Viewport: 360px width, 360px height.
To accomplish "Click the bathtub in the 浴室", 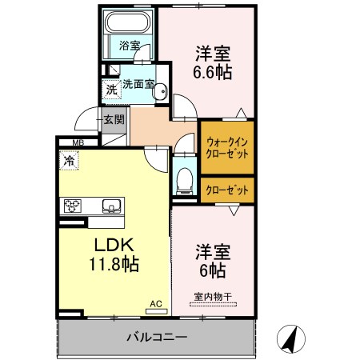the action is pos(127,22).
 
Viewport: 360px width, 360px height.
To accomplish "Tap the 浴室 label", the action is pos(130,46).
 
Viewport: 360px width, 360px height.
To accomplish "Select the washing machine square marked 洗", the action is pos(112,90).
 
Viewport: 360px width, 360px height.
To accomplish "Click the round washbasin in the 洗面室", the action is pos(161,90).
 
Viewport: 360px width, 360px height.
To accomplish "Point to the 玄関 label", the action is pos(114,119).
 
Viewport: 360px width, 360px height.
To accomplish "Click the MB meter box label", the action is pos(78,143).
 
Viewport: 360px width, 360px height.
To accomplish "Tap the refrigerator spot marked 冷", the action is pos(69,160).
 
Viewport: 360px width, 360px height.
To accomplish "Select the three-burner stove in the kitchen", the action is pos(73,206).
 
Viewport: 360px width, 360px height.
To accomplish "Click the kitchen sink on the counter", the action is pos(112,206).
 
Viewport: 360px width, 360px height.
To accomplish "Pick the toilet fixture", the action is pos(185,181).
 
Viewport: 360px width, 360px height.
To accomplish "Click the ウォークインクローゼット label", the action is pos(227,147).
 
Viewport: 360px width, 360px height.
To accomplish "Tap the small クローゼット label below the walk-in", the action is pos(227,190).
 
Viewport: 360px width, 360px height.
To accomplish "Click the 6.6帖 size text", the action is pos(212,72).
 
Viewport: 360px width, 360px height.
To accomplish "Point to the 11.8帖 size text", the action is pos(114,264).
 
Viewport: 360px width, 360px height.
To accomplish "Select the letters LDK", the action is pos(114,245).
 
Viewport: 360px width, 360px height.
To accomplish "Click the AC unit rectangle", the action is pos(156,311).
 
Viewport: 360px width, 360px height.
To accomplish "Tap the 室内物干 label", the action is pos(213,297).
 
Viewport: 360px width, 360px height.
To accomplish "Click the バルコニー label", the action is pos(157,337).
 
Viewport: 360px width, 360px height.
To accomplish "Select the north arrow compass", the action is pos(291,339).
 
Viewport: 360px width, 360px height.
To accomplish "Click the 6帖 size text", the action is pos(213,270).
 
